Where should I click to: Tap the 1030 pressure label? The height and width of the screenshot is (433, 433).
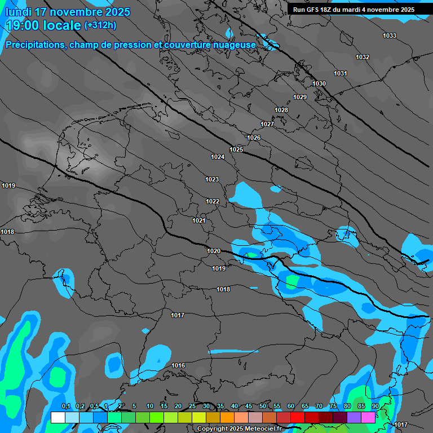(x=319, y=84)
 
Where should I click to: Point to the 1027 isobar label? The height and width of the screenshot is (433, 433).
(x=267, y=124)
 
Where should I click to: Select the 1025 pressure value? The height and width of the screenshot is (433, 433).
(x=236, y=149)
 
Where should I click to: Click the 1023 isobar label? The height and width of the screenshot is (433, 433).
(x=212, y=179)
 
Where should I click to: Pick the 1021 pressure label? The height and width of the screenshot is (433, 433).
(x=199, y=220)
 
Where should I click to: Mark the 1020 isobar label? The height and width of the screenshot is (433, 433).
(x=214, y=251)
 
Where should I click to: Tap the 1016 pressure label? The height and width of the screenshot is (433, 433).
(x=178, y=365)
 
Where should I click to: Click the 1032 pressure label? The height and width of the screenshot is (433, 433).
(x=363, y=57)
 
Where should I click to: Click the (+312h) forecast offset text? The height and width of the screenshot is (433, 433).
(x=100, y=25)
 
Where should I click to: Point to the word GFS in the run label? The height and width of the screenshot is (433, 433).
(x=312, y=10)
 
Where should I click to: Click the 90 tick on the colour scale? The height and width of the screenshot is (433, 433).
(x=375, y=407)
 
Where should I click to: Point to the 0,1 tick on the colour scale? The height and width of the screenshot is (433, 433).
(x=65, y=407)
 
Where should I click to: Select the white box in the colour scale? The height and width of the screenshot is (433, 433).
(x=58, y=417)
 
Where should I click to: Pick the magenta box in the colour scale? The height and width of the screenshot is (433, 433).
(x=368, y=417)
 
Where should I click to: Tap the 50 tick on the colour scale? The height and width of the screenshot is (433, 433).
(x=263, y=407)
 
